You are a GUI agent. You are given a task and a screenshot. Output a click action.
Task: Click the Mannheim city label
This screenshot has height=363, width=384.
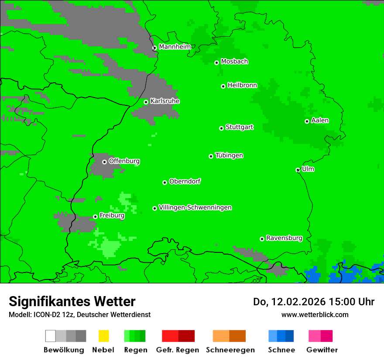(x=175, y=47)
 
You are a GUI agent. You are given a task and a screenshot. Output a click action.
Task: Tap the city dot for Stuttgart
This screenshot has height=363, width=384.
(x=222, y=128)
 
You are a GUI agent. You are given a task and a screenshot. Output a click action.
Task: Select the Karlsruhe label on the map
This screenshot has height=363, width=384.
(x=165, y=101)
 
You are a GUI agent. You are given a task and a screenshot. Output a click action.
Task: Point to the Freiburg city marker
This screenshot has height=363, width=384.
(x=95, y=216)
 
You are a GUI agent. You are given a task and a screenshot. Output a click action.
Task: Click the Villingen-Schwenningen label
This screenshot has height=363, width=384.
(x=195, y=207)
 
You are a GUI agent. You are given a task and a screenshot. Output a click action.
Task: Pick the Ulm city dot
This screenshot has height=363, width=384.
(x=298, y=170)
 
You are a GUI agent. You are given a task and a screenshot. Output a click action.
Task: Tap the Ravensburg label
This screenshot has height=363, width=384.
(x=284, y=238)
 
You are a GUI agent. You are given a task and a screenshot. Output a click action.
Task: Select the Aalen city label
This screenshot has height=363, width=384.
(x=320, y=120)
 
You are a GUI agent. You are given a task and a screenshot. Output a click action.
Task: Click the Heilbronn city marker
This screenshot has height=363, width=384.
(x=223, y=86)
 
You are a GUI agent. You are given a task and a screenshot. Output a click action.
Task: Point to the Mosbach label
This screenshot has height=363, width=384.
(x=234, y=62)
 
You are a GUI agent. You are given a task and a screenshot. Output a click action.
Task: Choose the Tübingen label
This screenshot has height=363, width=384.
(x=229, y=155)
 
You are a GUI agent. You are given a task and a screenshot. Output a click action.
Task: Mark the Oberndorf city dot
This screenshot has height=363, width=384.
(x=165, y=182)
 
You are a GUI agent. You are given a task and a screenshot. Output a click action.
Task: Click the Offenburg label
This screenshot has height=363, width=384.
(x=124, y=161)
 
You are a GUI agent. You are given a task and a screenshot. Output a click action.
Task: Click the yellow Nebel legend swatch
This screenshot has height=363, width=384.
(x=103, y=336)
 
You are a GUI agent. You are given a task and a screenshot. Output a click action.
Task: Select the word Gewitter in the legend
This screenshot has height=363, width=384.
(x=322, y=350)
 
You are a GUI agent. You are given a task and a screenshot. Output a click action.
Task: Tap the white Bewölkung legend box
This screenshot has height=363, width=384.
(x=51, y=336)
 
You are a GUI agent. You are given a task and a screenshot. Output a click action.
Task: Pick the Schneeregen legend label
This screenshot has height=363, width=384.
(x=230, y=350)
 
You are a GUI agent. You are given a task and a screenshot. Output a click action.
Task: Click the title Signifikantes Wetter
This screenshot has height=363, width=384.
(x=72, y=301)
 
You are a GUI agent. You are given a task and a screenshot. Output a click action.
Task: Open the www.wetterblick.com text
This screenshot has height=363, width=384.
(x=315, y=314)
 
